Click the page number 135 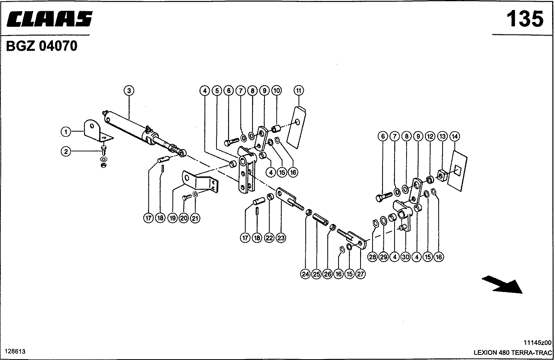point(525,19)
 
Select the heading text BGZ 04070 point(42,46)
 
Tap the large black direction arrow point(503,284)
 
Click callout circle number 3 point(128,91)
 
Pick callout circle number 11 point(299,91)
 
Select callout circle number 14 point(454,136)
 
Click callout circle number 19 point(172,218)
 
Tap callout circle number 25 point(317,274)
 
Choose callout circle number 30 point(405,257)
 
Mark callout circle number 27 point(361,274)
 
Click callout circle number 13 point(442,136)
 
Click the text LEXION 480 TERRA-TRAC point(512,352)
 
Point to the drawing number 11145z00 point(537,342)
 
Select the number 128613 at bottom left point(15,351)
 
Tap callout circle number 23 point(281,238)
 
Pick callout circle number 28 point(373,257)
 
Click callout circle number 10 point(276,91)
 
